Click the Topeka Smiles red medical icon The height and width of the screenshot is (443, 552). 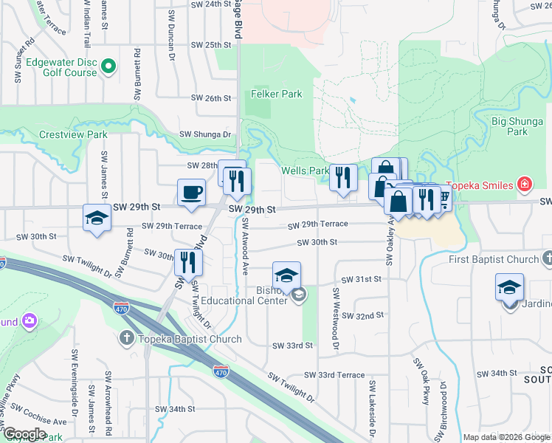524,184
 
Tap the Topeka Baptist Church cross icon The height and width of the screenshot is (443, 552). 126,339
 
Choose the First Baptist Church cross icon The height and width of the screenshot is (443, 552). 548,259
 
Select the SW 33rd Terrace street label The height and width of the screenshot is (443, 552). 332,375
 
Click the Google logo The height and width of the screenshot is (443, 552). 23,435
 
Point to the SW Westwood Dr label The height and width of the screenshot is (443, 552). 335,323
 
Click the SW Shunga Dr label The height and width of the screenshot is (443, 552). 206,134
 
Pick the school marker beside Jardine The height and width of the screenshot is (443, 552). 509,288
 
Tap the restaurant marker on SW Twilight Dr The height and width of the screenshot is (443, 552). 188,262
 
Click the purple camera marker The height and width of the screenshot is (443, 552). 30,320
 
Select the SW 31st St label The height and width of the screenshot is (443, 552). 361,279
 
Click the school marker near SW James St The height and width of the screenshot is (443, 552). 96,219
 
